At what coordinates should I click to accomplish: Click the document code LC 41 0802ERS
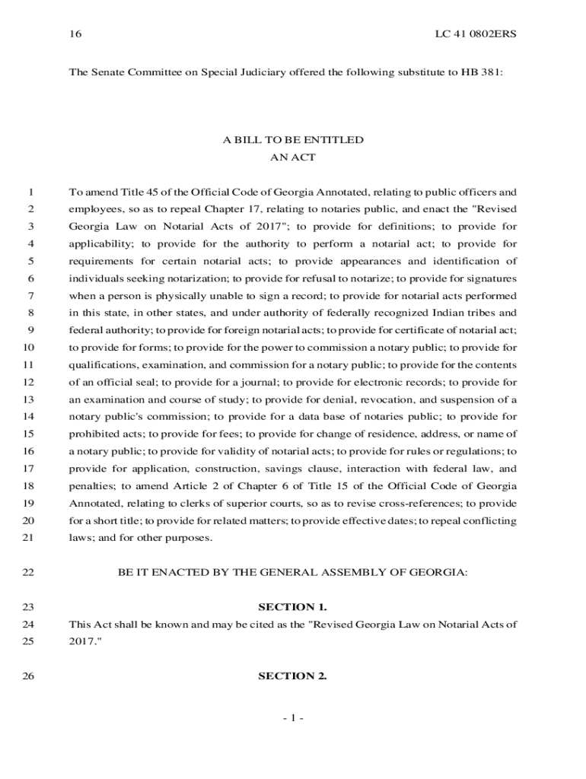point(476,34)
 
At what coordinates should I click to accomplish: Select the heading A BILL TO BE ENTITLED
point(293,140)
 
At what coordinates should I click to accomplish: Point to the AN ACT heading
point(293,157)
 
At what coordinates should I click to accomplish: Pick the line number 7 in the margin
point(30,295)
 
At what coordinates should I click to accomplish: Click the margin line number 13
point(29,399)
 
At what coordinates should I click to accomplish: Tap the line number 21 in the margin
point(29,538)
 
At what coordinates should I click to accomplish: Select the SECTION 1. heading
point(293,607)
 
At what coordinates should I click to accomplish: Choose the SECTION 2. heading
point(293,676)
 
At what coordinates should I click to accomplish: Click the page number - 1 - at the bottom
point(293,717)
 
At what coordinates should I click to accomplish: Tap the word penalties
point(91,486)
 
